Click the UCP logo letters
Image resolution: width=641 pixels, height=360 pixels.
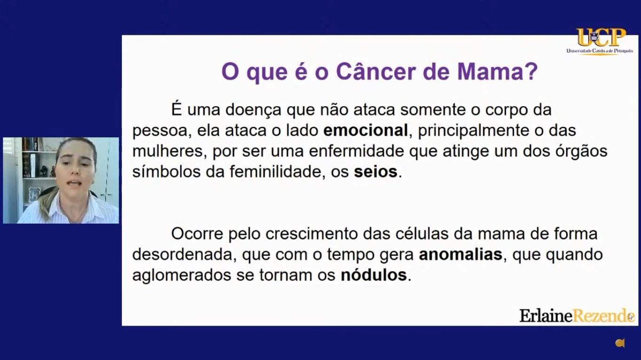pos(601,37)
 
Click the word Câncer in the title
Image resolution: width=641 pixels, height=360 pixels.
pos(376,71)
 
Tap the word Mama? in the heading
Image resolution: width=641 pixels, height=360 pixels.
pos(498,71)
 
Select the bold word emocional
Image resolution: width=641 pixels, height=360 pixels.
pos(365,130)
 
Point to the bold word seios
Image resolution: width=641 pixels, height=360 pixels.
pos(376,172)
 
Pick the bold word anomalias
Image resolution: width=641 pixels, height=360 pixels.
pos(460,254)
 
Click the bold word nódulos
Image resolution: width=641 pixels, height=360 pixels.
pos(374,275)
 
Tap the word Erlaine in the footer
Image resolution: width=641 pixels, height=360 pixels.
pos(546,316)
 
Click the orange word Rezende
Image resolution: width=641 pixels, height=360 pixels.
pos(603,316)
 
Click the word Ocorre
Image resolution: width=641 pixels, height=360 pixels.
pos(197,234)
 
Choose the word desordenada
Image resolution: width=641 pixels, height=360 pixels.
pos(184,254)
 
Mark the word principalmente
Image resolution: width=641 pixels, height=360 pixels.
pos(472,131)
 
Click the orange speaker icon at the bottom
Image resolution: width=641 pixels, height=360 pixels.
pos(620,343)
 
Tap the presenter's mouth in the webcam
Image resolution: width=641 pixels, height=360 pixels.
pos(75,183)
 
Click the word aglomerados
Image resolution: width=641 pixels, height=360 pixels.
pos(182,275)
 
